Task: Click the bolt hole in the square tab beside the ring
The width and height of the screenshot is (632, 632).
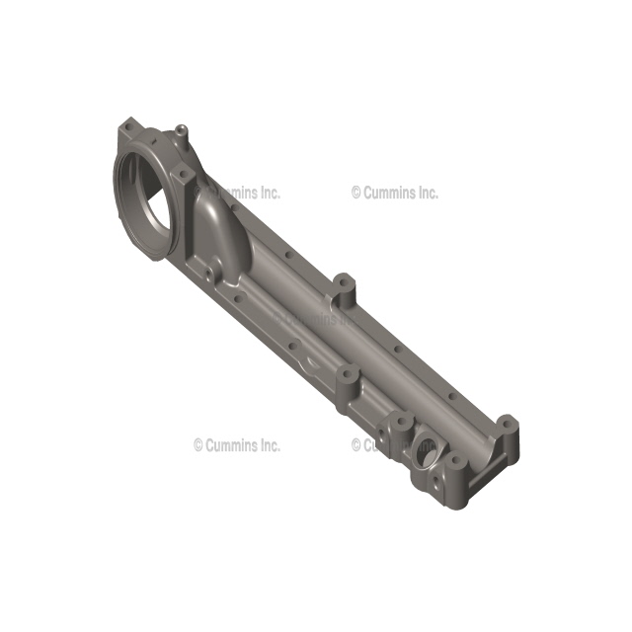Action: [185, 176]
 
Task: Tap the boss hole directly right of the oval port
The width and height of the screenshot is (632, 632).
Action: [455, 462]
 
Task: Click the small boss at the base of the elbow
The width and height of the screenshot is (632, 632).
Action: [209, 269]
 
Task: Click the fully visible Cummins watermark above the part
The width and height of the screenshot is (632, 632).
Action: [394, 193]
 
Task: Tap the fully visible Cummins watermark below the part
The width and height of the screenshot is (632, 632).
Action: [236, 445]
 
